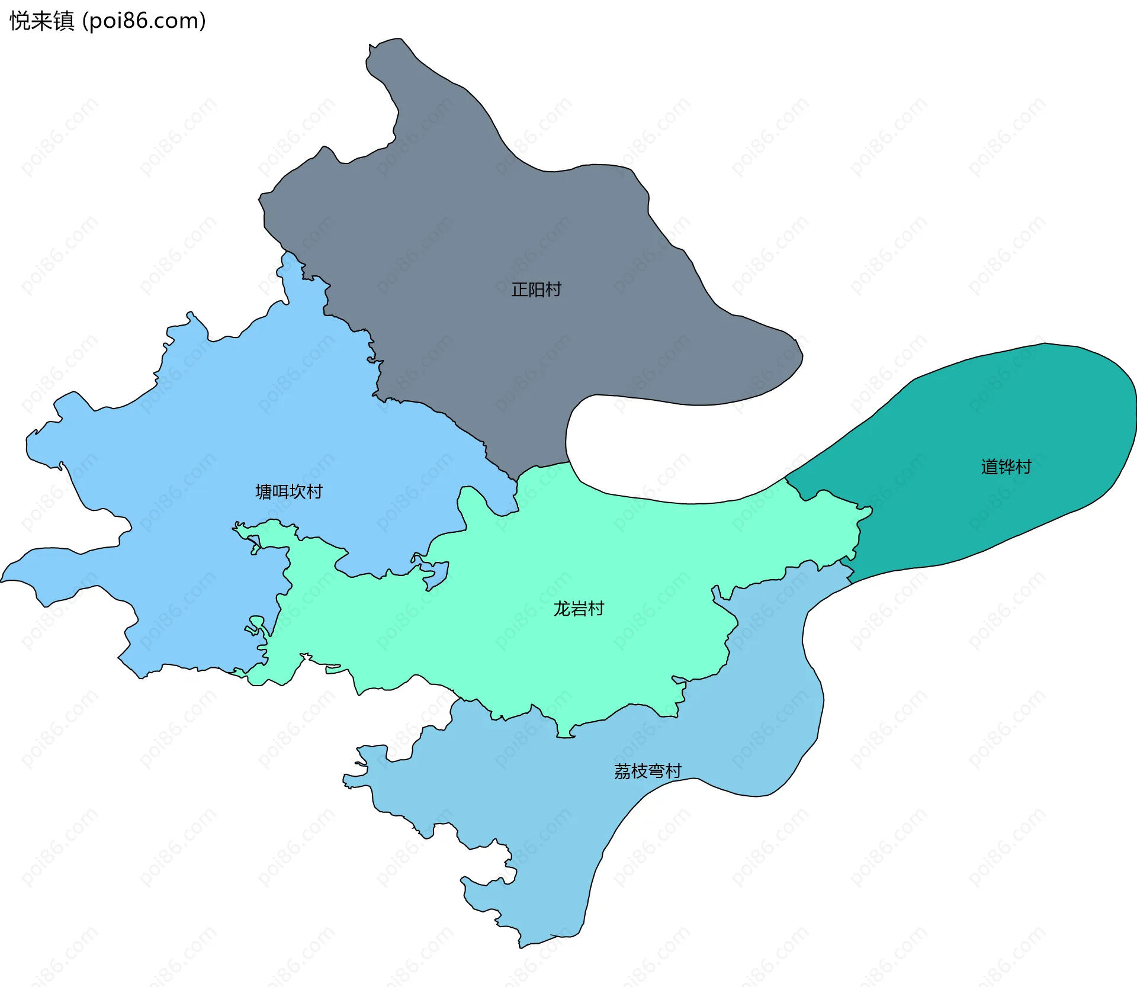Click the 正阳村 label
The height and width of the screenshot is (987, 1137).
pos(536,290)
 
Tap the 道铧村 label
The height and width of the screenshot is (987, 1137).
pos(1006,467)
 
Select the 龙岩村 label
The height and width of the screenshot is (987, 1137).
pos(579,609)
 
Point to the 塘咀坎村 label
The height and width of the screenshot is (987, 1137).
pos(288,491)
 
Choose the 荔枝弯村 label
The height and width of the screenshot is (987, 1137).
pos(647,771)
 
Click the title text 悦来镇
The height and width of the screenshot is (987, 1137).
pos(41,21)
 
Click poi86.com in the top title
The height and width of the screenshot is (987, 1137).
pos(144,21)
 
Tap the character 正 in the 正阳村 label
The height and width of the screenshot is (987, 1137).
pos(519,290)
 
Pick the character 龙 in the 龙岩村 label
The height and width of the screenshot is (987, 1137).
pos(561,609)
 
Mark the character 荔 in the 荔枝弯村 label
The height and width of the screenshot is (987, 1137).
pos(622,771)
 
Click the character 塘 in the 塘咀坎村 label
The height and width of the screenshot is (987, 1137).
pos(264,491)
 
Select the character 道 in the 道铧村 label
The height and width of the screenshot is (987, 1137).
pos(990,467)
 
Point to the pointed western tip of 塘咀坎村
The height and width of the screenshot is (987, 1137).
pos(2,581)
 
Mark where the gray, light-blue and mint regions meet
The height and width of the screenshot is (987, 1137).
pos(517,480)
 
